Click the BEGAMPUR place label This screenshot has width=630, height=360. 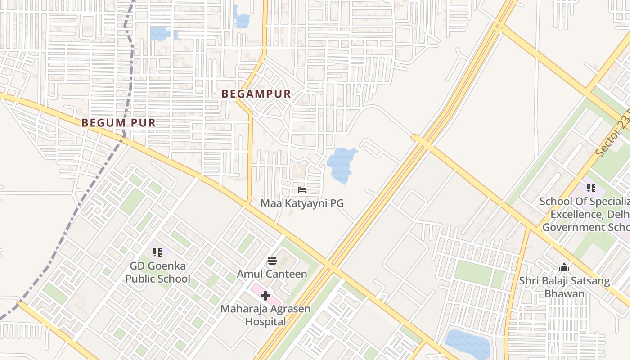256,94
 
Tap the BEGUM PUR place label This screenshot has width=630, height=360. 118,122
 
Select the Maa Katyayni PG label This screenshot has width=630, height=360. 302,203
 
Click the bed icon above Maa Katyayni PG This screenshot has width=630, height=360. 302,190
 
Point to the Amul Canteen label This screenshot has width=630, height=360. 272,274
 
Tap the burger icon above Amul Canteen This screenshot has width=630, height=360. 272,261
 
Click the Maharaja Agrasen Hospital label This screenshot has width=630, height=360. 265,315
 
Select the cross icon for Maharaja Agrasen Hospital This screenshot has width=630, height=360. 265,296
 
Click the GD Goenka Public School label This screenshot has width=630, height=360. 157,272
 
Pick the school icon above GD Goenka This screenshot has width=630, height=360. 157,252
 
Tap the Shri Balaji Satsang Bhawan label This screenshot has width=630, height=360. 564,287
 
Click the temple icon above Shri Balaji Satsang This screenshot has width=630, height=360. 564,268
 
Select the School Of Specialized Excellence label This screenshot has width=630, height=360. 585,214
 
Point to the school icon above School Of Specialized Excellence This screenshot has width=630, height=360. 591,188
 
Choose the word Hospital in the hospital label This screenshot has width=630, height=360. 265,321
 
